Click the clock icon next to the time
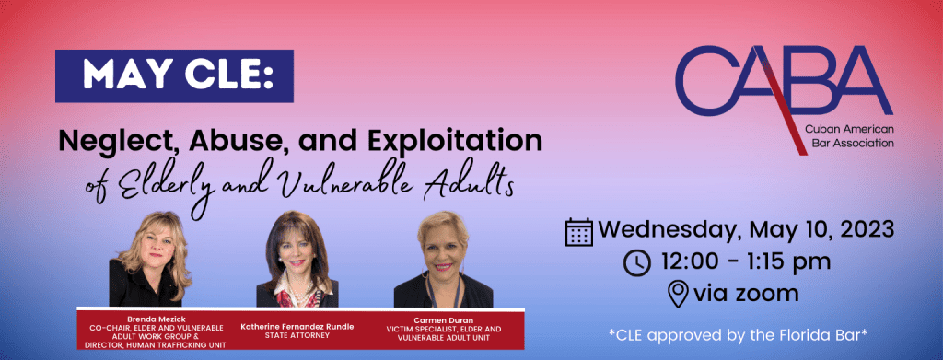point(636,262)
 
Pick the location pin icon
point(677,294)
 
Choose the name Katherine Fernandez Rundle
point(297,325)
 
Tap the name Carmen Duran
point(451,320)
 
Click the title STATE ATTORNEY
point(297,335)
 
